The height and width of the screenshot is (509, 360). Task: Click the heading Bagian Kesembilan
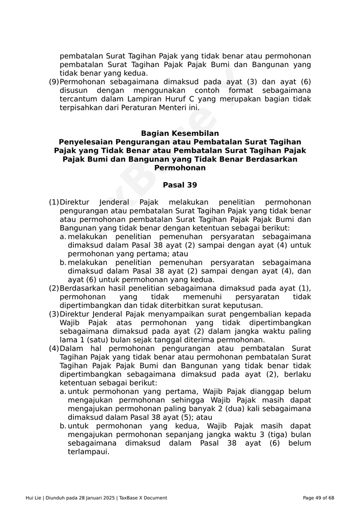pyautogui.click(x=180, y=133)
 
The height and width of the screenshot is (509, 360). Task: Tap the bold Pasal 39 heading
pyautogui.click(x=180, y=185)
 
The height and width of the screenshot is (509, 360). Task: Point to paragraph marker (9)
pyautogui.click(x=54, y=82)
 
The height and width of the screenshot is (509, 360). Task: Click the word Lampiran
pyautogui.click(x=149, y=99)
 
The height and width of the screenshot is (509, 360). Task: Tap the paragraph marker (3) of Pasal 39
pyautogui.click(x=54, y=314)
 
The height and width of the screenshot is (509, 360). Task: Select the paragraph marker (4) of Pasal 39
pyautogui.click(x=54, y=349)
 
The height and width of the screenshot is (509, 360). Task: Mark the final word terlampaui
pyautogui.click(x=89, y=452)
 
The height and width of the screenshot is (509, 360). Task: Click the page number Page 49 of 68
pyautogui.click(x=318, y=498)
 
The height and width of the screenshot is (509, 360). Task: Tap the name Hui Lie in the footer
pyautogui.click(x=34, y=498)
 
